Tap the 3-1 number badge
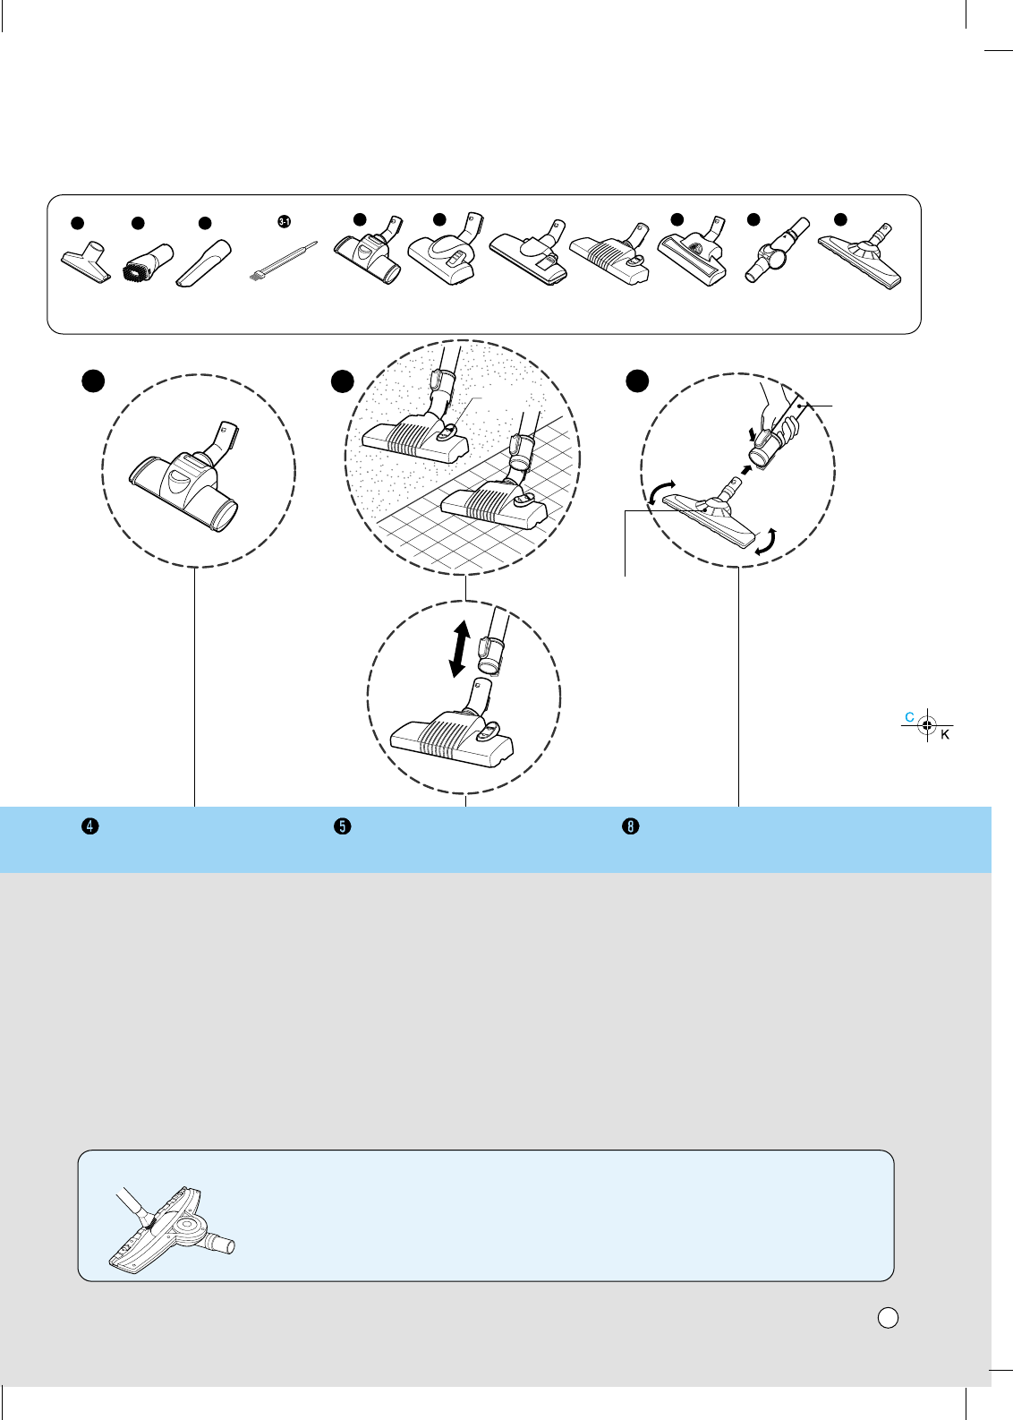click(x=285, y=220)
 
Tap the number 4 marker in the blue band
click(x=89, y=826)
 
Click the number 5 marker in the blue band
click(x=342, y=826)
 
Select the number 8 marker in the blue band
click(x=631, y=826)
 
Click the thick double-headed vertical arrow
click(x=459, y=650)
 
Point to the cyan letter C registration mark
click(x=910, y=717)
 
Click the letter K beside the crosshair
click(x=945, y=735)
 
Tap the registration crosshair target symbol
click(x=928, y=725)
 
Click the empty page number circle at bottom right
click(x=887, y=1317)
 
